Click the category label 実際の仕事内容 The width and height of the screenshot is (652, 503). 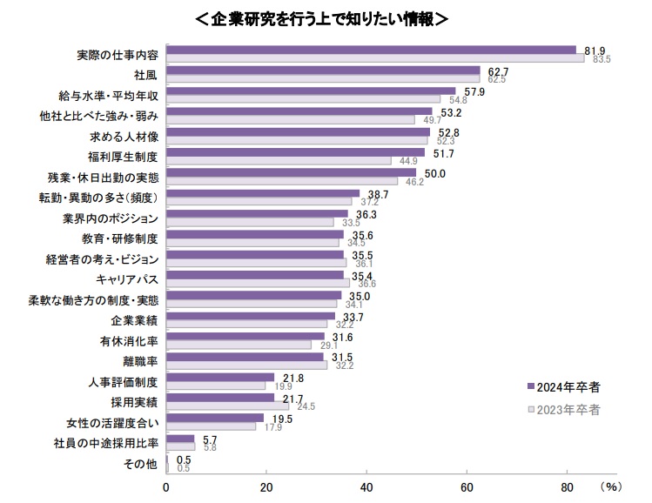[x=118, y=54]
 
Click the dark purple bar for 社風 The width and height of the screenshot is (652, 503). [x=322, y=70]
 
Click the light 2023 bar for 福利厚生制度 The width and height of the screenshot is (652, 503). [x=278, y=160]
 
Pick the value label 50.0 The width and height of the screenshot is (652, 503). [x=434, y=173]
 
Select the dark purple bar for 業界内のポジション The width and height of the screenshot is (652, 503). [x=256, y=213]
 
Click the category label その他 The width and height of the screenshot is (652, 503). [x=144, y=464]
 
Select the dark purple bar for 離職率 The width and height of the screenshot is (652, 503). [x=244, y=357]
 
